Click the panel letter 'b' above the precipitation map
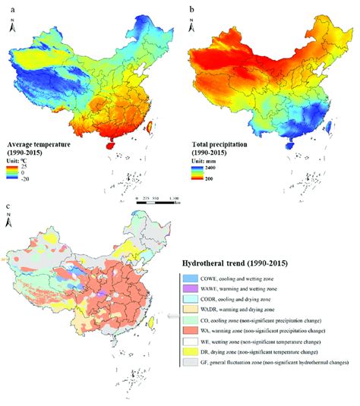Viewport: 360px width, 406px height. pos(191,5)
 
